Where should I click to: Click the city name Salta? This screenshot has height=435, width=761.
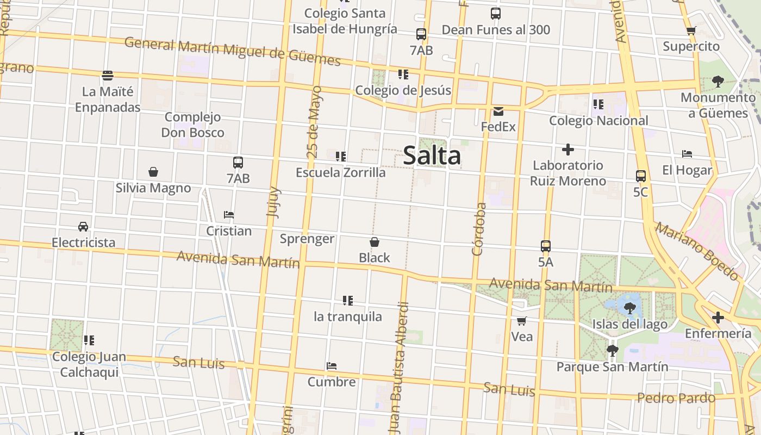(432, 156)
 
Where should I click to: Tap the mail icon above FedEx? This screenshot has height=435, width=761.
(498, 111)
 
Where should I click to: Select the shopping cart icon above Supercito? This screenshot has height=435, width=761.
(691, 31)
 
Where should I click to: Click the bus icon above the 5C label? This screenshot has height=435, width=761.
(641, 176)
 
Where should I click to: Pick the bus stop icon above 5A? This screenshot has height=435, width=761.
(546, 246)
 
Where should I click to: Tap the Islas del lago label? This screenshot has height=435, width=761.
(630, 325)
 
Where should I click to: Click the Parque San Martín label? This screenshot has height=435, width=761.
(612, 366)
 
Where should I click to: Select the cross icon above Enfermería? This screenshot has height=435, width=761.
(718, 318)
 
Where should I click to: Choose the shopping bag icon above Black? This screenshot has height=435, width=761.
(375, 242)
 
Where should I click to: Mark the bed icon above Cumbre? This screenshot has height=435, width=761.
(332, 366)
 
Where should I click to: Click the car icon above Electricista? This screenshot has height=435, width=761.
(83, 227)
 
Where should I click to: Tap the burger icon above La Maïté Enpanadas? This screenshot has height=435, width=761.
(108, 75)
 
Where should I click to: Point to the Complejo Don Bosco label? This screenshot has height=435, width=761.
(193, 125)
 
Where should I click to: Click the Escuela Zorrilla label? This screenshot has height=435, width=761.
(341, 172)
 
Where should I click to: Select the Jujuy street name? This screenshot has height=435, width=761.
(273, 202)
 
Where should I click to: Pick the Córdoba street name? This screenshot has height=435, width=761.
(478, 229)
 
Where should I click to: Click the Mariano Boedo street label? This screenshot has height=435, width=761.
(697, 251)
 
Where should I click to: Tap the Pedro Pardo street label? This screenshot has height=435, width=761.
(676, 398)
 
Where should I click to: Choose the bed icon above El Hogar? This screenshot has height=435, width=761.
(687, 154)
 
